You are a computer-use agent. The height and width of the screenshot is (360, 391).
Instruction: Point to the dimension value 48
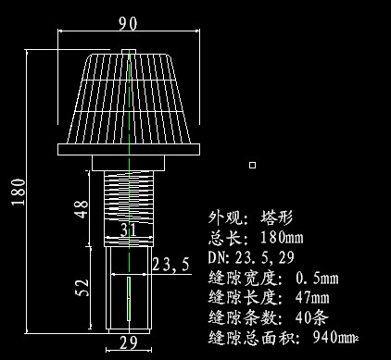pos(81,209)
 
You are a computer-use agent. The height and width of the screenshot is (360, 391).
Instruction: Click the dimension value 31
pos(129,229)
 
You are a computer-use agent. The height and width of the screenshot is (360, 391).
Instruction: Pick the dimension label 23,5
pos(171,265)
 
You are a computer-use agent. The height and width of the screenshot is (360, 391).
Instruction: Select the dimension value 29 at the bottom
pos(129,344)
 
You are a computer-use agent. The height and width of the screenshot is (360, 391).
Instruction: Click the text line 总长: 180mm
pos(256,237)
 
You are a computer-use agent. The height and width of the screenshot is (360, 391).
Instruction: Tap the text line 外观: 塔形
pos(250,217)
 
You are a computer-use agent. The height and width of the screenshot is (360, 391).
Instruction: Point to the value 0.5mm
pos(317,278)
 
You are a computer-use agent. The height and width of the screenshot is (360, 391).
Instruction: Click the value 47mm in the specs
pos(312,297)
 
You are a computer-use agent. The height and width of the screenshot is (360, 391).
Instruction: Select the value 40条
pos(312,317)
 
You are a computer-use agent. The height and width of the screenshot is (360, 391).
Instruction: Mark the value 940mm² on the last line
pos(335,336)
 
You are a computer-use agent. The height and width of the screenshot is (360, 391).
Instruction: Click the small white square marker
pos(252,165)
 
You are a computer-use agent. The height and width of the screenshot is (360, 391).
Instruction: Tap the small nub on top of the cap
pos(130,51)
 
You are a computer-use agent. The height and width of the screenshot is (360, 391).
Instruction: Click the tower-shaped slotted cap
pos(130,97)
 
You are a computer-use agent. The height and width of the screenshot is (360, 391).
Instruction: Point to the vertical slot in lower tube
pos(128,301)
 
